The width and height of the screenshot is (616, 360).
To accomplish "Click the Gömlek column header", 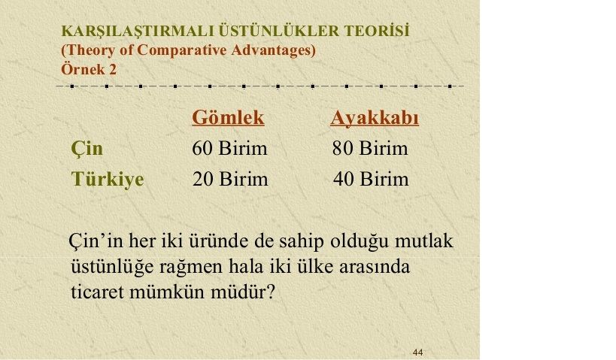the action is tap(228, 117).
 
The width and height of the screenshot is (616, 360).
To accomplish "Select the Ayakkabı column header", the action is tap(375, 117).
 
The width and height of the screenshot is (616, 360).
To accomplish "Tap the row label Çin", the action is tap(86, 149).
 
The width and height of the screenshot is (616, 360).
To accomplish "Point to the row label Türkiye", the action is tap(108, 179).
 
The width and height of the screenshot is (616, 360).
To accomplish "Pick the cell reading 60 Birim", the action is tap(229, 148).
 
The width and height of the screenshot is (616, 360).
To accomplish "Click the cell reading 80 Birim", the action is tap(370, 148).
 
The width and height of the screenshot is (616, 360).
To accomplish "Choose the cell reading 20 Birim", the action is tap(230, 179).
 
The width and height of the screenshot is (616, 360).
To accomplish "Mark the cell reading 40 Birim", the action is tap(371, 179).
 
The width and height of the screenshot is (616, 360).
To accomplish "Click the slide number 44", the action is tap(417, 352).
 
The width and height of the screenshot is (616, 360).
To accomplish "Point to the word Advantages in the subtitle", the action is tap(274, 50).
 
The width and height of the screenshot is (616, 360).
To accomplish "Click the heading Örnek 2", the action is tap(89, 69).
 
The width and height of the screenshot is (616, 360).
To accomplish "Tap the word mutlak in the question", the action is tap(424, 241).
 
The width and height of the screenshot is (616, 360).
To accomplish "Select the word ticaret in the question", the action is tap(97, 292).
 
